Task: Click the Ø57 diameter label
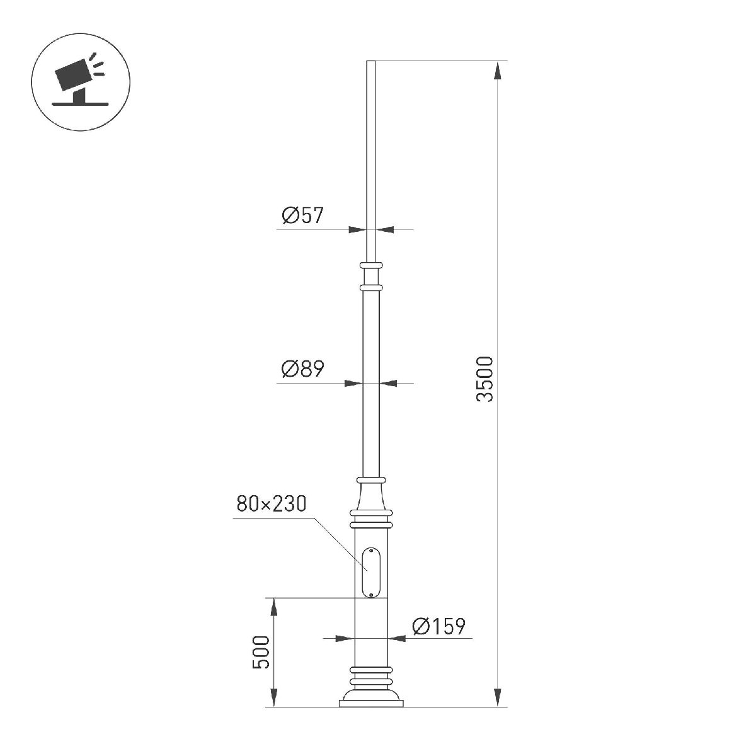point(302,216)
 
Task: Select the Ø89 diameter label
point(302,369)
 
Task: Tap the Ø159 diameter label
point(438,626)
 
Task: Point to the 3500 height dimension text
point(485,379)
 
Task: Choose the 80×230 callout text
point(271,504)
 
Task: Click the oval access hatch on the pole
point(370,572)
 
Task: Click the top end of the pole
point(371,62)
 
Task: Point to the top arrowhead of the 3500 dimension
point(498,70)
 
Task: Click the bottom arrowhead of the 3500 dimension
point(498,698)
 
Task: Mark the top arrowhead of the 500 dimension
point(274,607)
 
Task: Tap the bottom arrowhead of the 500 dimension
point(274,698)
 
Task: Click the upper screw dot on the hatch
point(371,553)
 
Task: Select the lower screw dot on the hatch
point(371,593)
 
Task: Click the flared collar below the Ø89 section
point(371,498)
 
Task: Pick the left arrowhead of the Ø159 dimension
point(345,638)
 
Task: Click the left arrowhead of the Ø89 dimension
point(353,382)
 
